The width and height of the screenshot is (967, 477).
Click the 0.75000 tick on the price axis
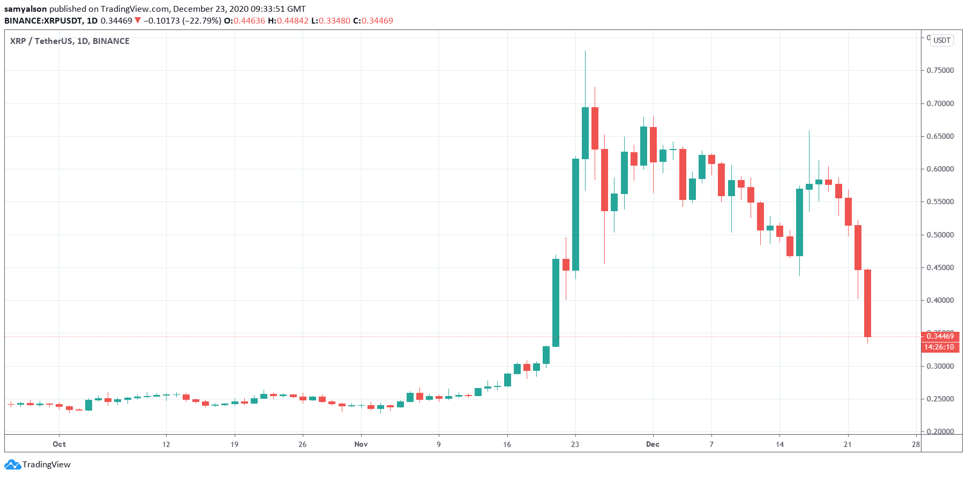pyautogui.click(x=940, y=70)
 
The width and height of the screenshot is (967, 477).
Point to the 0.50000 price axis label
pyautogui.click(x=940, y=235)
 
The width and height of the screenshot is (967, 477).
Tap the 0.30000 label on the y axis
pyautogui.click(x=940, y=367)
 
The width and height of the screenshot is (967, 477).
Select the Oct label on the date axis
pyautogui.click(x=59, y=444)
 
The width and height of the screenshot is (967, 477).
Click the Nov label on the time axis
pyautogui.click(x=361, y=444)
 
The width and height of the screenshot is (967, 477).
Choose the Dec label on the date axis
pyautogui.click(x=653, y=444)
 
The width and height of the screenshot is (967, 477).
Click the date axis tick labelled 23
pyautogui.click(x=575, y=444)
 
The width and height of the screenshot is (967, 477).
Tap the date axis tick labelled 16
pyautogui.click(x=507, y=444)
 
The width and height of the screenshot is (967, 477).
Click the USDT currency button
pyautogui.click(x=942, y=40)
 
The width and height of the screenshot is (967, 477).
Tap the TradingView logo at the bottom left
pyautogui.click(x=38, y=464)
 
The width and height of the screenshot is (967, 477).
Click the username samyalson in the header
pyautogui.click(x=26, y=9)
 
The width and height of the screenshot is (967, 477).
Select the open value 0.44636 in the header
pyautogui.click(x=249, y=21)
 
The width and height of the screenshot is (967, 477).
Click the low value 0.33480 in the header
pyautogui.click(x=334, y=21)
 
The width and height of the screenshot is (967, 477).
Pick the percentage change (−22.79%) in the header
pyautogui.click(x=201, y=21)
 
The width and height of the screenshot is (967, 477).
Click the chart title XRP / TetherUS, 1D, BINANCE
pyautogui.click(x=70, y=41)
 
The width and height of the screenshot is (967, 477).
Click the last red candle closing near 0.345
pyautogui.click(x=867, y=303)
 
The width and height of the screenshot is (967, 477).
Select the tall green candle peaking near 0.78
pyautogui.click(x=585, y=133)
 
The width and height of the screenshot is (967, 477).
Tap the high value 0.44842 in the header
pyautogui.click(x=292, y=21)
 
